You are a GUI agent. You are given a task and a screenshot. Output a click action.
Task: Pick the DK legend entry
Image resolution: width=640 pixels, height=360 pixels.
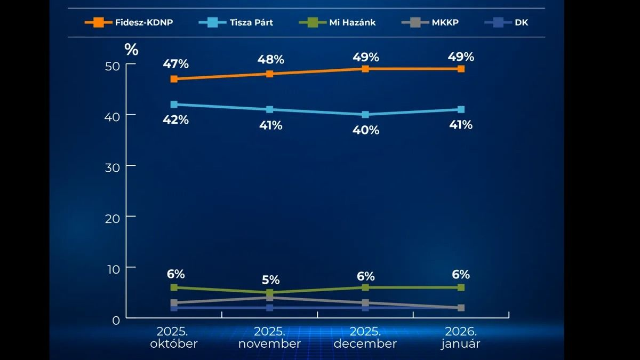point(507,22)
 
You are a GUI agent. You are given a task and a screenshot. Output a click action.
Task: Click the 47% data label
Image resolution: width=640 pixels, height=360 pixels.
point(176,64)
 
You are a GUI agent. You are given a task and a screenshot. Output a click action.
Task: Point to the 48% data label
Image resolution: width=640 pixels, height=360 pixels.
point(270,59)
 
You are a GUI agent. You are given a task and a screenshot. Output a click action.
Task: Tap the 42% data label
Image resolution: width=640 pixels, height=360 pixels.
point(176,119)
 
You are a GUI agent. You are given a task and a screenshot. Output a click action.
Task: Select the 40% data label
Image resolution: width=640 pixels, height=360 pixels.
point(366,130)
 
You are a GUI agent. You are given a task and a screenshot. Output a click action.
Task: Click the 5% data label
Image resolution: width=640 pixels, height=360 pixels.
point(270,280)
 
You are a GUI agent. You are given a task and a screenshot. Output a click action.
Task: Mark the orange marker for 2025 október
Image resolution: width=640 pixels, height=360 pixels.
point(174,79)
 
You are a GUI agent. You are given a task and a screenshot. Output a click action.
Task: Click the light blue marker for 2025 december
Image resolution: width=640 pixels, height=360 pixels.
point(365,115)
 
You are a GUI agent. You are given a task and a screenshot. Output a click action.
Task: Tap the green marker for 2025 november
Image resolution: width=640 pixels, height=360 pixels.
point(270,293)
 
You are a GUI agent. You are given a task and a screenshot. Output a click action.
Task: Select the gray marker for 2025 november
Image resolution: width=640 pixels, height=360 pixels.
point(270,298)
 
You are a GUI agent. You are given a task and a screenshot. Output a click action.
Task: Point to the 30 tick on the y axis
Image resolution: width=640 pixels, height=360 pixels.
point(116,166)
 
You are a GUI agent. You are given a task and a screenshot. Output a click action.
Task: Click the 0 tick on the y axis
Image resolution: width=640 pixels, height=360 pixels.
point(116,319)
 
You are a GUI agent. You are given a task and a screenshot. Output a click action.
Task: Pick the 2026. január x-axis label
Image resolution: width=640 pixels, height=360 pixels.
point(461,338)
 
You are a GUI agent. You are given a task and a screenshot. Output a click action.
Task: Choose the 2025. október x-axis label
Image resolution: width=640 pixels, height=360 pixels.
point(174,338)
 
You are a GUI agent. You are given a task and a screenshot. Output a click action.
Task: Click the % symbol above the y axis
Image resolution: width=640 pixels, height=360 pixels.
point(131,50)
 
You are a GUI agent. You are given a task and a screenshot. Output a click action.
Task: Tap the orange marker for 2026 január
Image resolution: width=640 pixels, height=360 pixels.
point(461,69)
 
